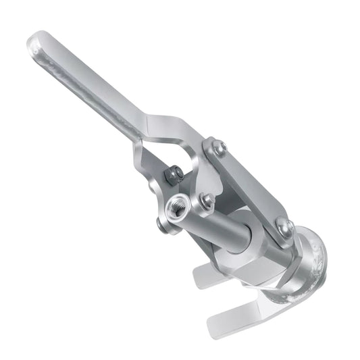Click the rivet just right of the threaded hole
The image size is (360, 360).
(206, 200)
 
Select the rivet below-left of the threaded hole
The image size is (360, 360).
(163, 225)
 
